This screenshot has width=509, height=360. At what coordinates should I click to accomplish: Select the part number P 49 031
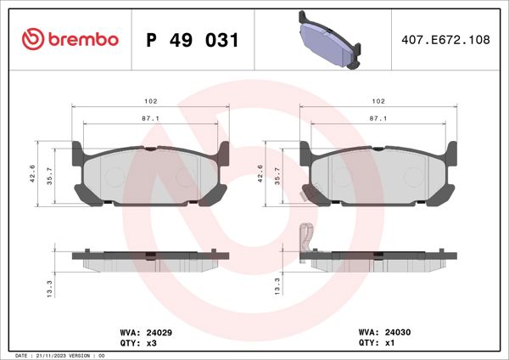[x=193, y=40]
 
